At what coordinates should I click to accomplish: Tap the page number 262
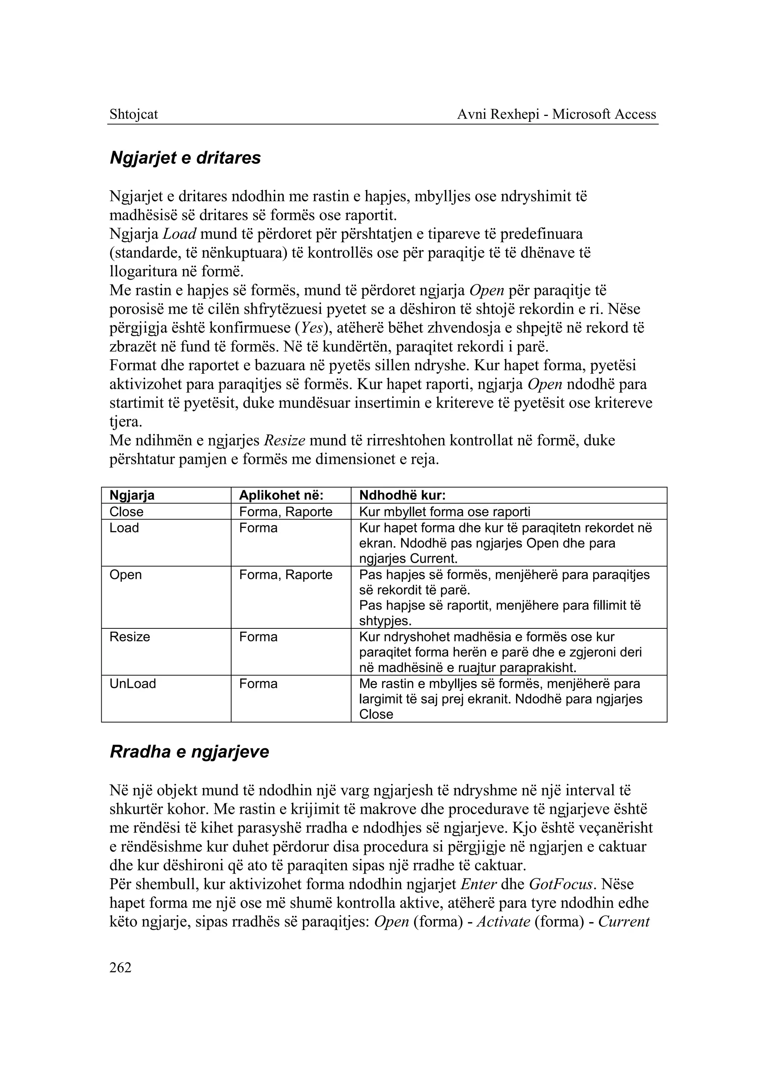pos(120,967)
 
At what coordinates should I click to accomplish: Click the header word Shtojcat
pos(134,114)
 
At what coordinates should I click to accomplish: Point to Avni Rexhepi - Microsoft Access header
pos(557,114)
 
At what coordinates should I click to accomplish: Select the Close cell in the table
pos(126,511)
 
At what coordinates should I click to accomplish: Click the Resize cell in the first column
pos(130,637)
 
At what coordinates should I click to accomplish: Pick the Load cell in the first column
pos(124,527)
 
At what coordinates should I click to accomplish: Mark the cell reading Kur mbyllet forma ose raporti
pos(444,511)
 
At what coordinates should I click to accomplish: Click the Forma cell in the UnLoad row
pos(258,684)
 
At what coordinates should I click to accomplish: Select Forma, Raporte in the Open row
pos(285,575)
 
